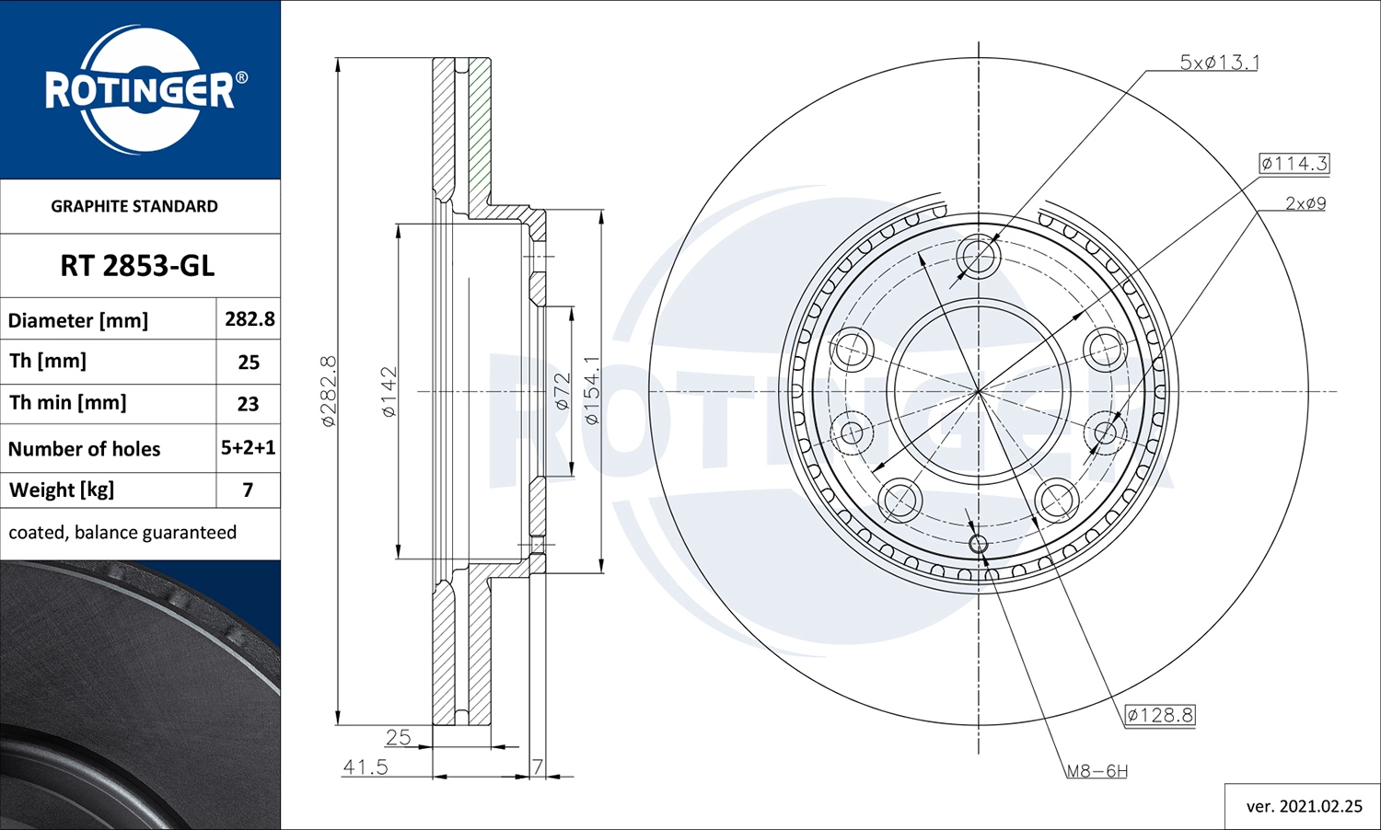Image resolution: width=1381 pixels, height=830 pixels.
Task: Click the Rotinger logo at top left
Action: pos(140,90)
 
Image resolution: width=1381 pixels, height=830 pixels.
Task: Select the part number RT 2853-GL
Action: pos(137,266)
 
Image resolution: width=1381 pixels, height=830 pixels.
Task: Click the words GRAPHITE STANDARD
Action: pos(134,206)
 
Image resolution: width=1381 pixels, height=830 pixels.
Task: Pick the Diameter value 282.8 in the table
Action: pos(250,318)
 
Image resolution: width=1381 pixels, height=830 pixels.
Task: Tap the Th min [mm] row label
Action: pos(68,403)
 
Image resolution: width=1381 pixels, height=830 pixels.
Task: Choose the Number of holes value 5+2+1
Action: pos(248,447)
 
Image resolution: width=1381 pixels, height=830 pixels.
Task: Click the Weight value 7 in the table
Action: pos(248,490)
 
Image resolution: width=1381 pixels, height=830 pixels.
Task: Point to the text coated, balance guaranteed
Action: pos(122,532)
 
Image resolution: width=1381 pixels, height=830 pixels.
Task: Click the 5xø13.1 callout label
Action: pos(1219,63)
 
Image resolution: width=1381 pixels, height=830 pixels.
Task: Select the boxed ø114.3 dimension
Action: pos(1294,164)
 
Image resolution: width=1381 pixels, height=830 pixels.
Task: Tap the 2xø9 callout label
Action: pos(1305,203)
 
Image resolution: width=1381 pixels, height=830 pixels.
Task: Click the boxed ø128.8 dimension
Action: pos(1160,715)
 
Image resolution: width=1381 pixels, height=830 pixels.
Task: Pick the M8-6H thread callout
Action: pos(1097,771)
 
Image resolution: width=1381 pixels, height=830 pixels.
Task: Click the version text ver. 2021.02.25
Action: pos(1304,806)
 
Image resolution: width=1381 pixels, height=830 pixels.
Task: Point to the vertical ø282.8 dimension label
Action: pos(329,390)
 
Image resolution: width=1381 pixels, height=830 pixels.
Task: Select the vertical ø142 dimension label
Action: pos(389,392)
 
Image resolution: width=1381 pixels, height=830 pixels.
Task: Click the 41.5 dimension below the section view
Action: pos(366,767)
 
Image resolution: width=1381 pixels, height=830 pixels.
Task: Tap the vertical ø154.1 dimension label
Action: pos(591,390)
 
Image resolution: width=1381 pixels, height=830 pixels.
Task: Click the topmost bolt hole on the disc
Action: pos(978,255)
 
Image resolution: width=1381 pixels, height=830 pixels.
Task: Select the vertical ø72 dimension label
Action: pos(562,391)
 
